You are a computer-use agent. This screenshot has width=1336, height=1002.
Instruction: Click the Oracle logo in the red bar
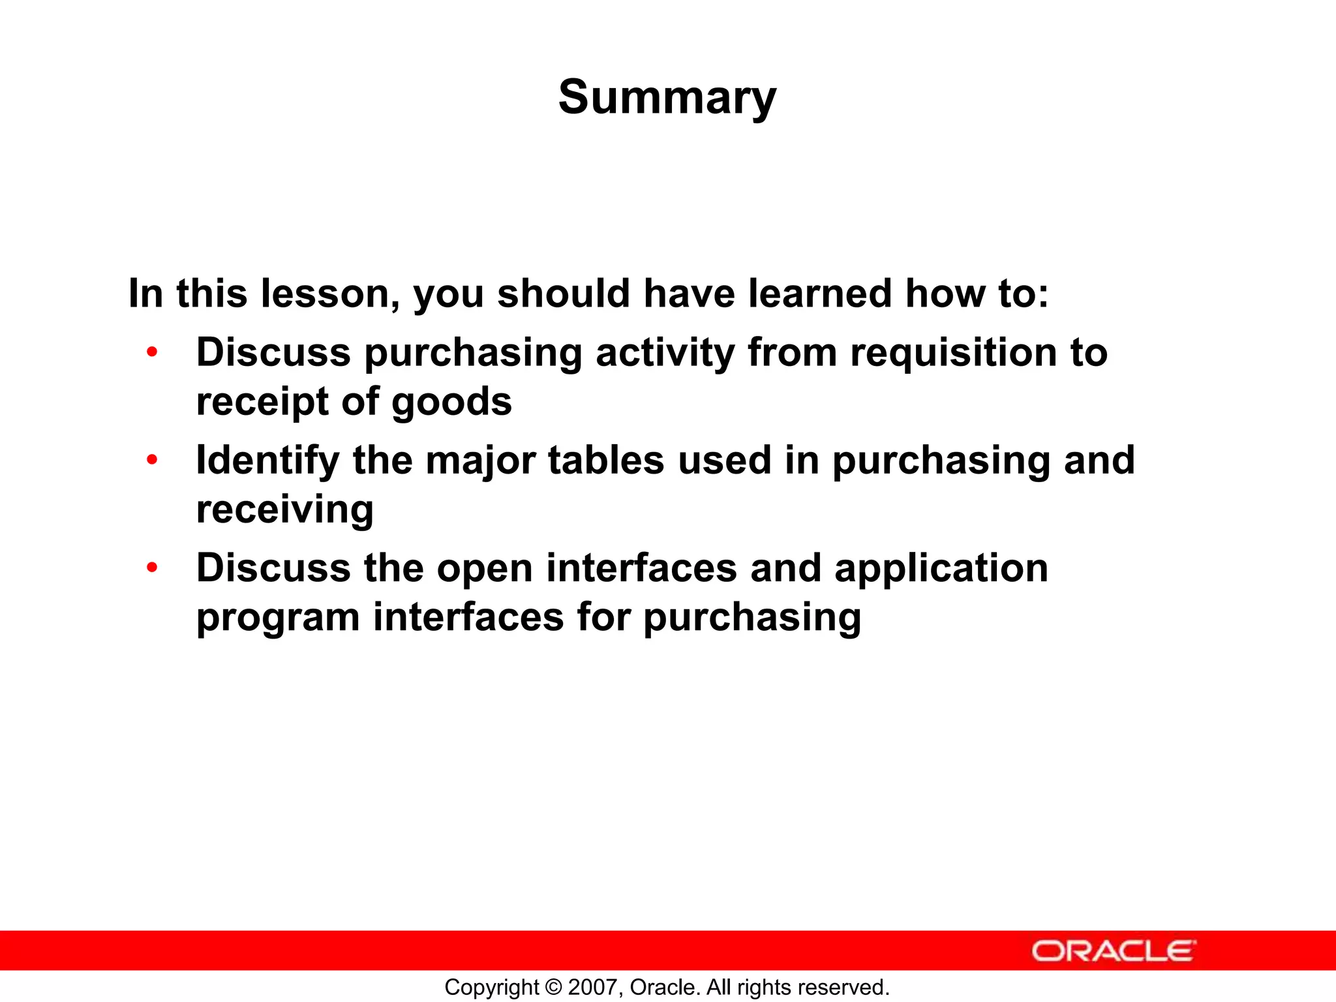(x=1113, y=951)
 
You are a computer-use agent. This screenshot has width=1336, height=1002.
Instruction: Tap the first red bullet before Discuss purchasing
(x=152, y=352)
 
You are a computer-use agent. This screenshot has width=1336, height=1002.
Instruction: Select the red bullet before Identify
(x=152, y=460)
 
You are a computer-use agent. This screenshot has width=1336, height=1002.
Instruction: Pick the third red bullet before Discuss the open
(x=152, y=568)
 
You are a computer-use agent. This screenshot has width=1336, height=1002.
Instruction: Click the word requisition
(x=953, y=354)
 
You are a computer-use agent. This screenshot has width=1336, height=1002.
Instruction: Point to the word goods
(x=451, y=402)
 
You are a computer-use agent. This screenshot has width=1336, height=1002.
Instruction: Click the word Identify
(x=267, y=461)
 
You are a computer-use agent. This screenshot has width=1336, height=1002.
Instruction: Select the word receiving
(x=285, y=510)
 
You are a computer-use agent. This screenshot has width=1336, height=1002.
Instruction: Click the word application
(x=941, y=569)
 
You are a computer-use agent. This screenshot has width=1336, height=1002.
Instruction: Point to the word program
(x=278, y=618)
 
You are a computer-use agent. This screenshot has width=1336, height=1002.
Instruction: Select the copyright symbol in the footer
(x=554, y=987)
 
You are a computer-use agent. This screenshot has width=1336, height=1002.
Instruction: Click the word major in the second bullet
(x=480, y=461)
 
